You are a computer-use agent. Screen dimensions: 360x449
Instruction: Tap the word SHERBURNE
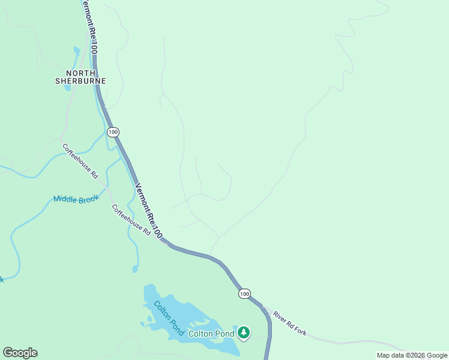pos(80,81)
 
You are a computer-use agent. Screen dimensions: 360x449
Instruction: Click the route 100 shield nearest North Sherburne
pos(113,131)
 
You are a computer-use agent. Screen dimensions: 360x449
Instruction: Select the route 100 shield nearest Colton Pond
pos(244,293)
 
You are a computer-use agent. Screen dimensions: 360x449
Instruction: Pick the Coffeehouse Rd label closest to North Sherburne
pos(80,160)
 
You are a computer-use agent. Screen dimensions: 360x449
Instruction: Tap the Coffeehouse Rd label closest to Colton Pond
pos(131,220)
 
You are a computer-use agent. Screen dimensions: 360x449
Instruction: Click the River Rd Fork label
pos(290,323)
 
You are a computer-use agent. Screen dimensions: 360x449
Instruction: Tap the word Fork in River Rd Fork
pos(300,329)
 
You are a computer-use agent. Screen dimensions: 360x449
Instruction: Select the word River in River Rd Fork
pos(280,316)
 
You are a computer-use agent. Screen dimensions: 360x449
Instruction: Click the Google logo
pos(20,353)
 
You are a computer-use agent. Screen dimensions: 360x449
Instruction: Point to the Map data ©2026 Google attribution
pos(412,355)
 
